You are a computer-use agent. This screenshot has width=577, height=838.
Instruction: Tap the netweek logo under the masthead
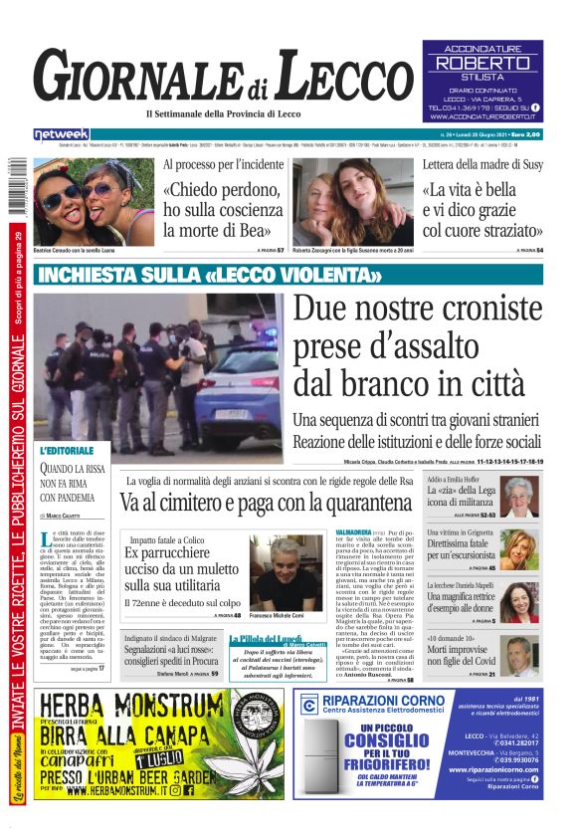[x=62, y=134]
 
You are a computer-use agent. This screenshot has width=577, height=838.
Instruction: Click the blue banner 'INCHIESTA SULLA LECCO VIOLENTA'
[x=210, y=275]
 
